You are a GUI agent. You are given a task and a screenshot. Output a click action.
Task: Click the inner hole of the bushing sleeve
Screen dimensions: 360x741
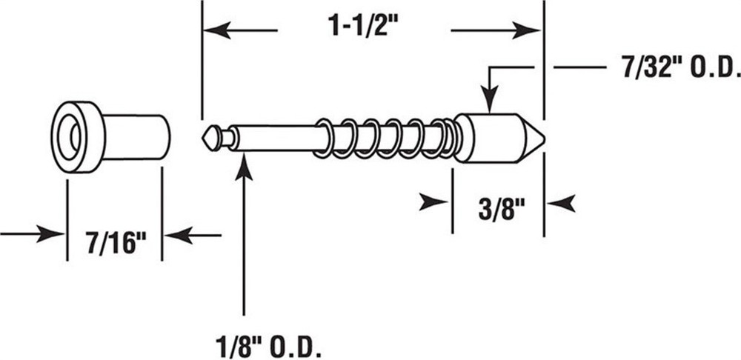(x=75, y=136)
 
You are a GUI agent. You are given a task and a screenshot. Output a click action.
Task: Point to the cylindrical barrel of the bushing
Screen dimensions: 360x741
(x=137, y=136)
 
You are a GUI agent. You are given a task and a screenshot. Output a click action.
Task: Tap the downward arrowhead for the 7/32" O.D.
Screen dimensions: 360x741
(x=489, y=101)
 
